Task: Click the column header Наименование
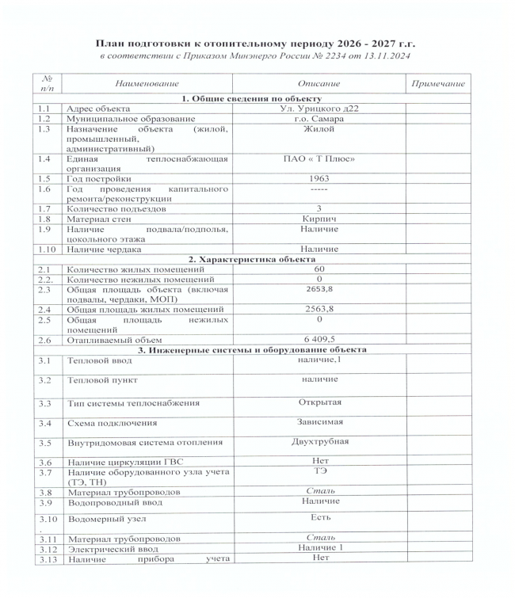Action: [147, 84]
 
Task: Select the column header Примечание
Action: [436, 84]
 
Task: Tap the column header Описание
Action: [319, 84]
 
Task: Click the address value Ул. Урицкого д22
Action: [319, 109]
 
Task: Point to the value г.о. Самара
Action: [319, 118]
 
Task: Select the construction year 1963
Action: [319, 178]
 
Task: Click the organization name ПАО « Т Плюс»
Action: [319, 159]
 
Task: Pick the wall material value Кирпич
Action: [319, 219]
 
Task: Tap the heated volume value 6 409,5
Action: [319, 339]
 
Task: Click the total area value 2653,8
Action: [319, 290]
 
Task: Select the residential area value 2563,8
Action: [319, 309]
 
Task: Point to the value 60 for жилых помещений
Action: [319, 269]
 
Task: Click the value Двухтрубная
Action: [319, 441]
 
